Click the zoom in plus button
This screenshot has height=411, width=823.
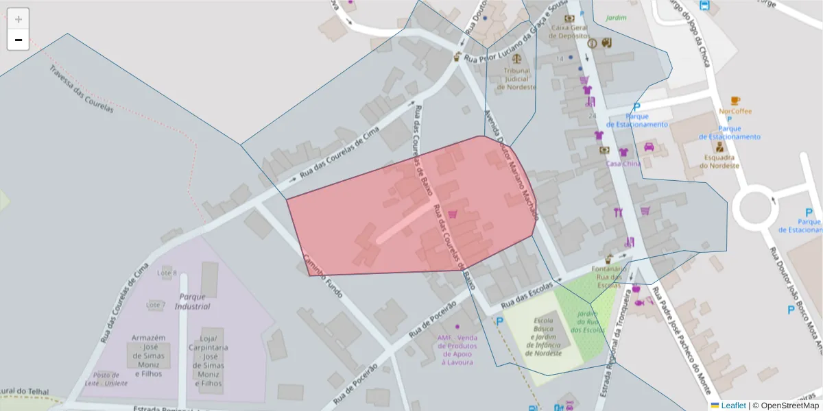tap(19, 19)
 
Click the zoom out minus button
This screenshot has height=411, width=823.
tap(19, 40)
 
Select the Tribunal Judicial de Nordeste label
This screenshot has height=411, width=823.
tap(517, 79)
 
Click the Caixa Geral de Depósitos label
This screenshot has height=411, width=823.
tap(569, 32)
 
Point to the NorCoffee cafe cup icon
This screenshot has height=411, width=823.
tap(735, 100)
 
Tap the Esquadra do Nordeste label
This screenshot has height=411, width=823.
tap(719, 161)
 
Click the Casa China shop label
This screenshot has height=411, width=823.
tap(623, 164)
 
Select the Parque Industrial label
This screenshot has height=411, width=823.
tap(192, 301)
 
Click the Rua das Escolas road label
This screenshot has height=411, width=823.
tap(527, 295)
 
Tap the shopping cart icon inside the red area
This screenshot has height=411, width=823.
tap(453, 214)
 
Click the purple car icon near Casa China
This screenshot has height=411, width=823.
tap(649, 147)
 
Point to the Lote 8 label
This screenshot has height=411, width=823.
tap(167, 273)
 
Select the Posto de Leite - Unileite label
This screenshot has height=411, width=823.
tap(110, 379)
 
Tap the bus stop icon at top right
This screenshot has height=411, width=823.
tap(704, 5)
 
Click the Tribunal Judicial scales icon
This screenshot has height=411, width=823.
tap(516, 58)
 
